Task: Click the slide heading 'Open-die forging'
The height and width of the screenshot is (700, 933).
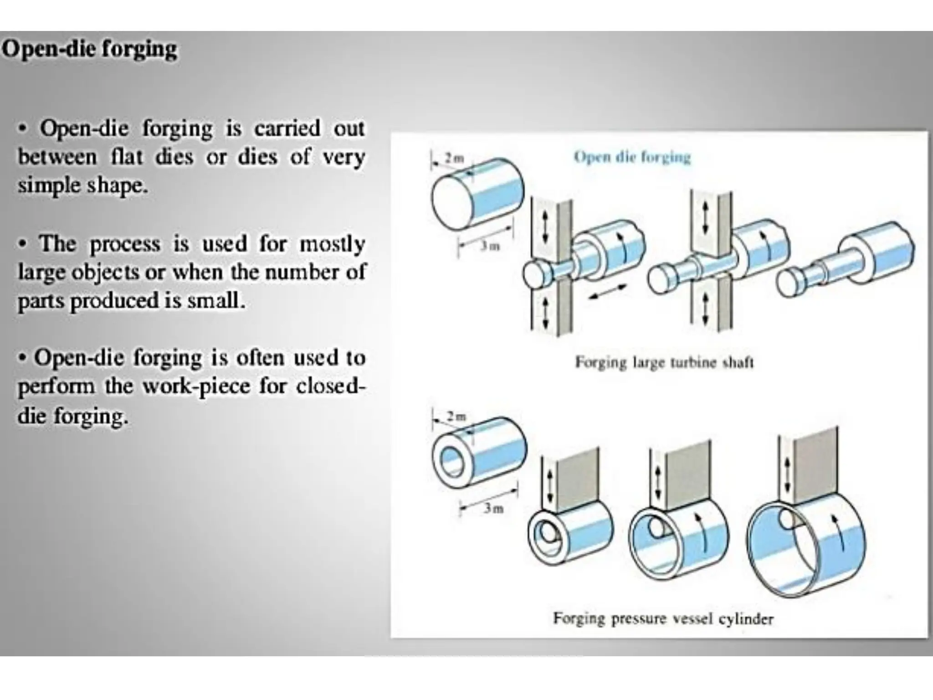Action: coord(89,49)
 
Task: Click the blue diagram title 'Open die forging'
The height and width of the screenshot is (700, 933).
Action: coord(632,157)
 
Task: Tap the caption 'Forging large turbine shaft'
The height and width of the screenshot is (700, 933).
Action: coord(664,362)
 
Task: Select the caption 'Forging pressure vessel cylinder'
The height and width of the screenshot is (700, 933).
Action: coord(663,618)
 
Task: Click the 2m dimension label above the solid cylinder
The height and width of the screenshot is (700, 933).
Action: coord(454,159)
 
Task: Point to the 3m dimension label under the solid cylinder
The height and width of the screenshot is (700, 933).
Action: coord(490,246)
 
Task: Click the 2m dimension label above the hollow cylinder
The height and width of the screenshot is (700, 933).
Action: coord(456,416)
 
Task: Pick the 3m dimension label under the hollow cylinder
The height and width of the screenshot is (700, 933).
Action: coord(493,508)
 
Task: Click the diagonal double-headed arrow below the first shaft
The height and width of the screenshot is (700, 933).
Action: coord(607,291)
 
